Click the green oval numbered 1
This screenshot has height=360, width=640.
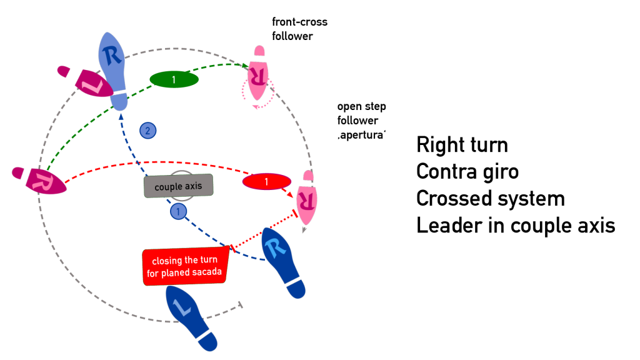tap(174, 79)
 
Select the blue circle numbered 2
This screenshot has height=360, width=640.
tap(147, 131)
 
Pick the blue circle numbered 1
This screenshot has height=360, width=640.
tap(179, 212)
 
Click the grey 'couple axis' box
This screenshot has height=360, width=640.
tap(179, 186)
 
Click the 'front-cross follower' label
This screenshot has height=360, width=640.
tap(299, 29)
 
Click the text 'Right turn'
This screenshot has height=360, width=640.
tap(462, 145)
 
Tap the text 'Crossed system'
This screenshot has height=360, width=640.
tap(491, 199)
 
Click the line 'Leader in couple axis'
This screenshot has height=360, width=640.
tap(516, 226)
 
